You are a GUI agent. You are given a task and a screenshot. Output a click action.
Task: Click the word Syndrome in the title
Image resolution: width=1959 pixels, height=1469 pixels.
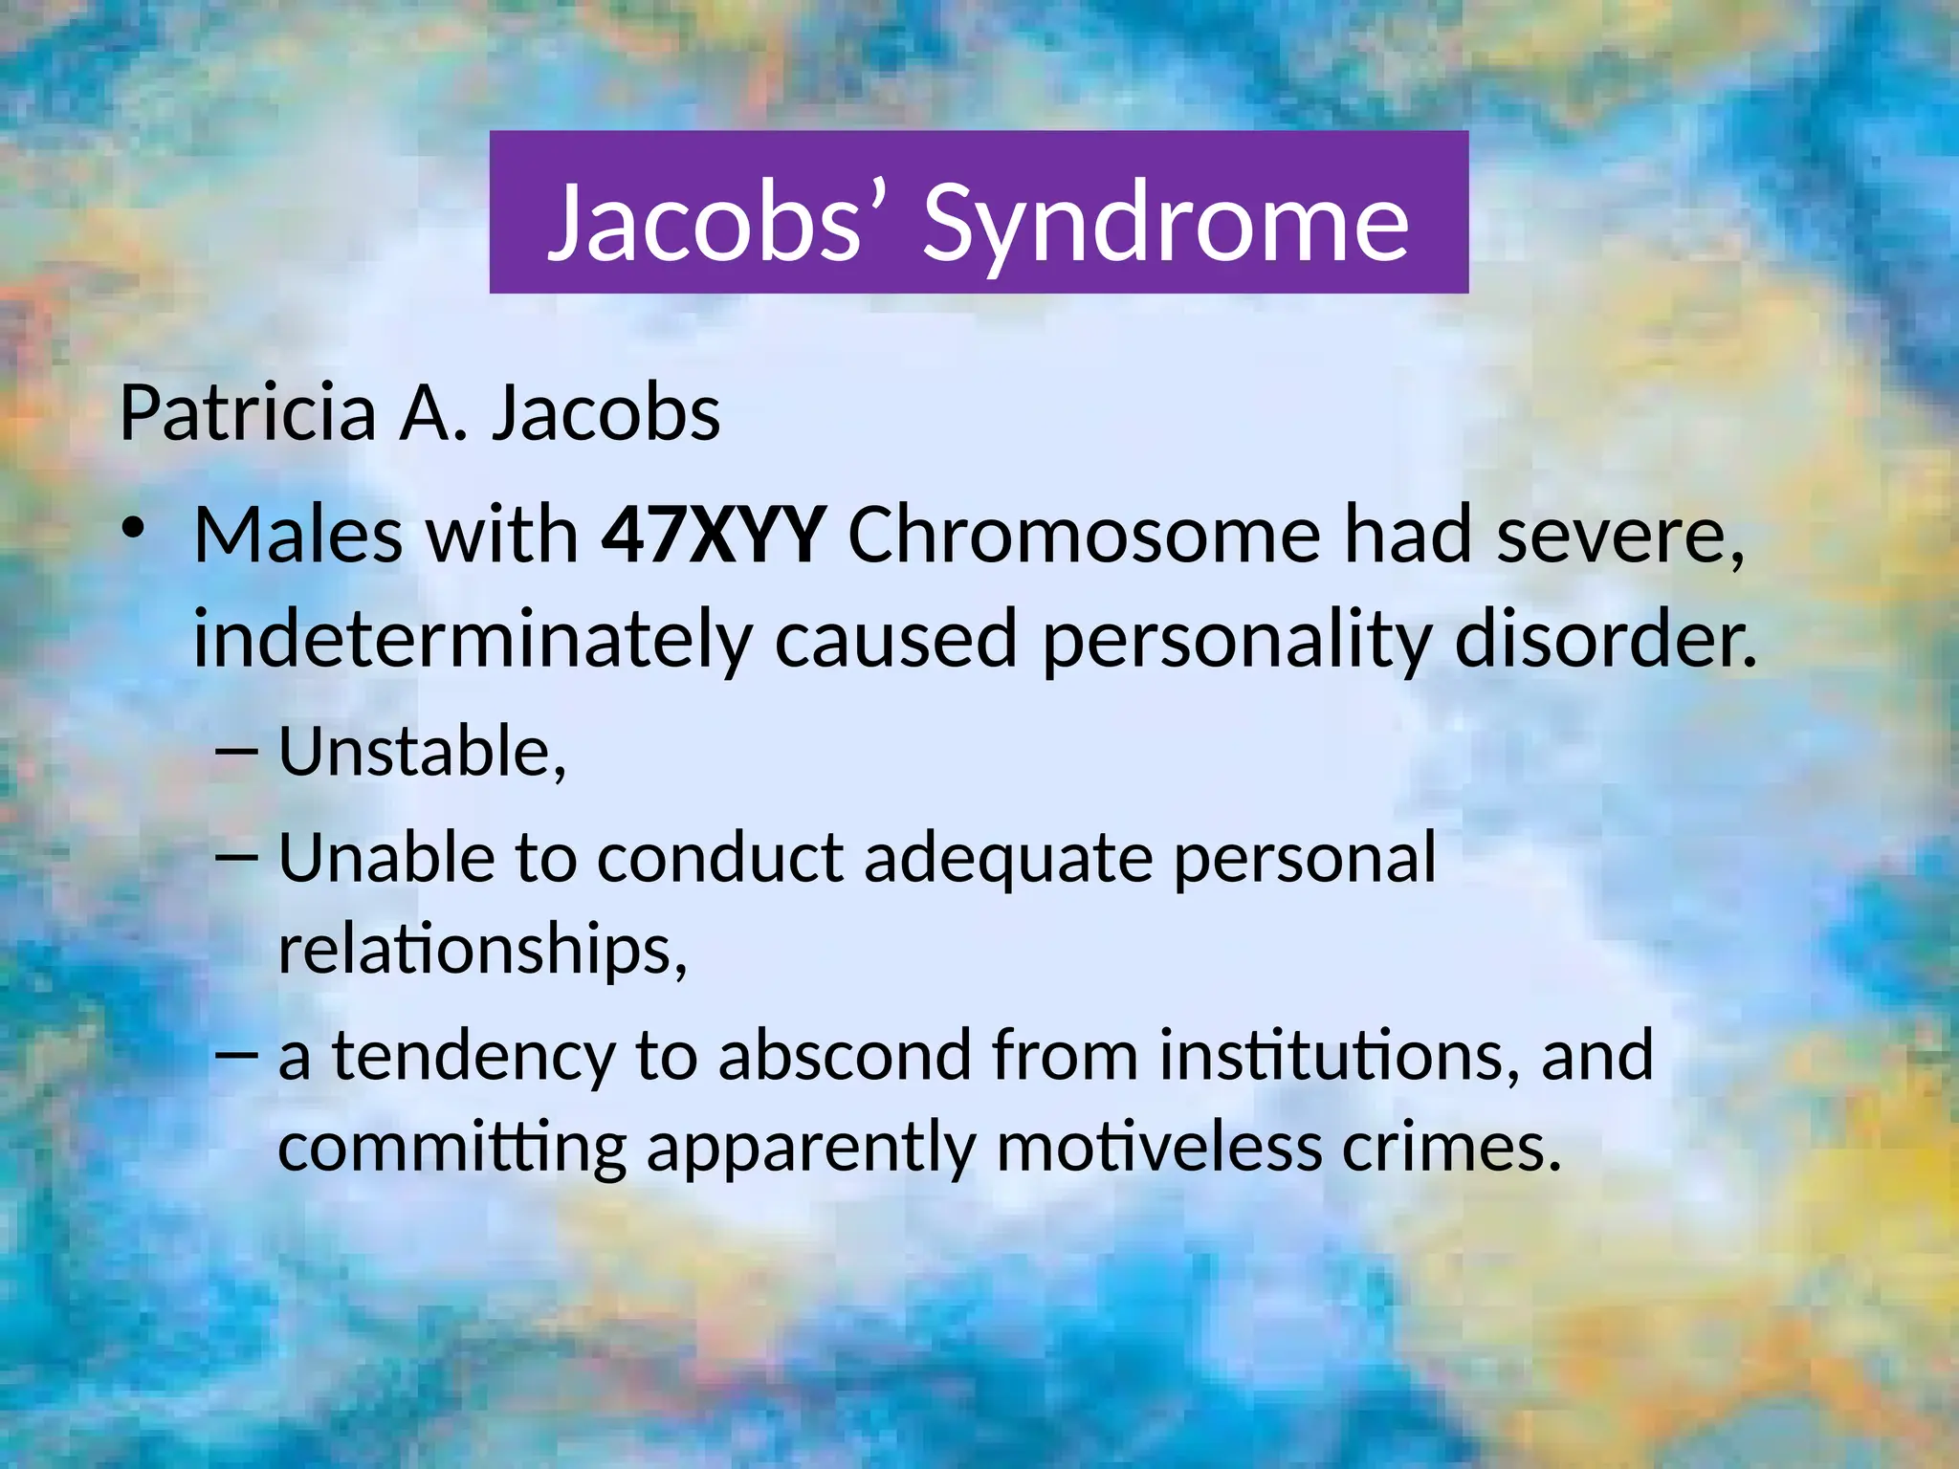(x=1165, y=224)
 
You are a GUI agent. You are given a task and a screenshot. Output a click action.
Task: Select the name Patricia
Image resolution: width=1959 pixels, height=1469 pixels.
(x=248, y=413)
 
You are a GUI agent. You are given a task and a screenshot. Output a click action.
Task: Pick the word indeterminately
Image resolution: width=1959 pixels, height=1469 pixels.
(x=473, y=639)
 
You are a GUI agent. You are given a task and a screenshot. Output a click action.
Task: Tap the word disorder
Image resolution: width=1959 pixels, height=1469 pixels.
(x=1605, y=639)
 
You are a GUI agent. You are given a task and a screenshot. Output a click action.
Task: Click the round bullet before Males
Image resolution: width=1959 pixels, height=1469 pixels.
(x=133, y=529)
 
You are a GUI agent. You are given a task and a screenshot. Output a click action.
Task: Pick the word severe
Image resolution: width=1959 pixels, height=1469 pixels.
(x=1620, y=536)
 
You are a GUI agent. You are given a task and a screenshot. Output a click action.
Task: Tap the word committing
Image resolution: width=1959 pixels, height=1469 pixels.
(x=451, y=1147)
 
